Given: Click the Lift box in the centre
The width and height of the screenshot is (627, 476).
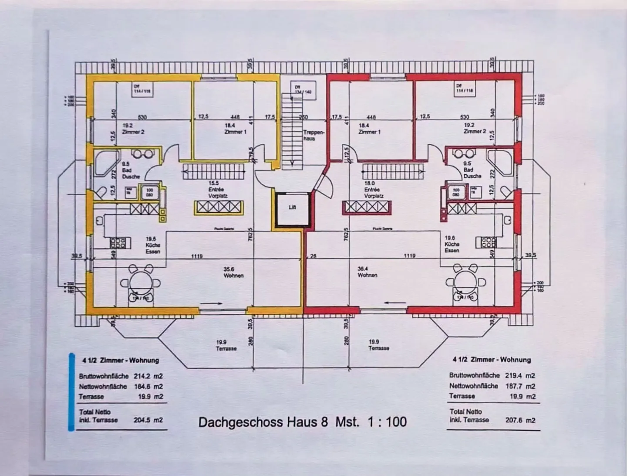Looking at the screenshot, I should click(292, 208).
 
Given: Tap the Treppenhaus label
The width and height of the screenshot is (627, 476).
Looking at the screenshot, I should click(312, 135).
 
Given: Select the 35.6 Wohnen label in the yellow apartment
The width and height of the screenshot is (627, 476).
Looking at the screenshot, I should click(233, 272).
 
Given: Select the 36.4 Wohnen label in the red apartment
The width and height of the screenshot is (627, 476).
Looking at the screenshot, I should click(367, 272).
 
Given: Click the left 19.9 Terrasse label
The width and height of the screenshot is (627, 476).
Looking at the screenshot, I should click(226, 345).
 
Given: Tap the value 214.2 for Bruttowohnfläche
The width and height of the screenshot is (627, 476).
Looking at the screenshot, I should click(142, 376).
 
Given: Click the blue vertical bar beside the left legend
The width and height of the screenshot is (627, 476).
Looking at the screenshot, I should click(71, 392).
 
